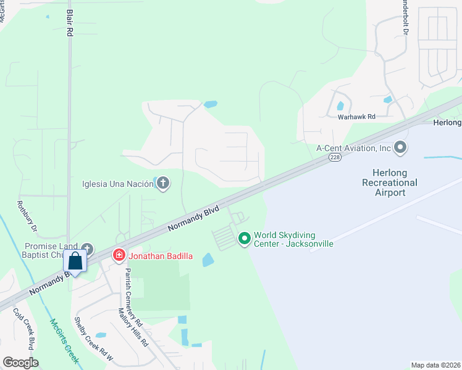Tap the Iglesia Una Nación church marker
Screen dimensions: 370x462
163,183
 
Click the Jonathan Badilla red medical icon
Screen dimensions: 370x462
118,255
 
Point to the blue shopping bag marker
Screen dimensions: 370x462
75,261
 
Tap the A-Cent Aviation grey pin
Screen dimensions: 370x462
401,147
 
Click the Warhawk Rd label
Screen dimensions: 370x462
356,116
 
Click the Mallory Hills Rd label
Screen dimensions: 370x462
133,326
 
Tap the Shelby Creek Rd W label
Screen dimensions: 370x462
94,339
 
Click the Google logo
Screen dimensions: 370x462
20,362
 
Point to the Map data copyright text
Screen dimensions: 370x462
435,365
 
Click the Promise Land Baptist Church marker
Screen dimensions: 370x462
86,249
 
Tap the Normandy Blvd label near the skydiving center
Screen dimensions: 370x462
193,218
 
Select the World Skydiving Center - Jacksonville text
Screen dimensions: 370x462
293,239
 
